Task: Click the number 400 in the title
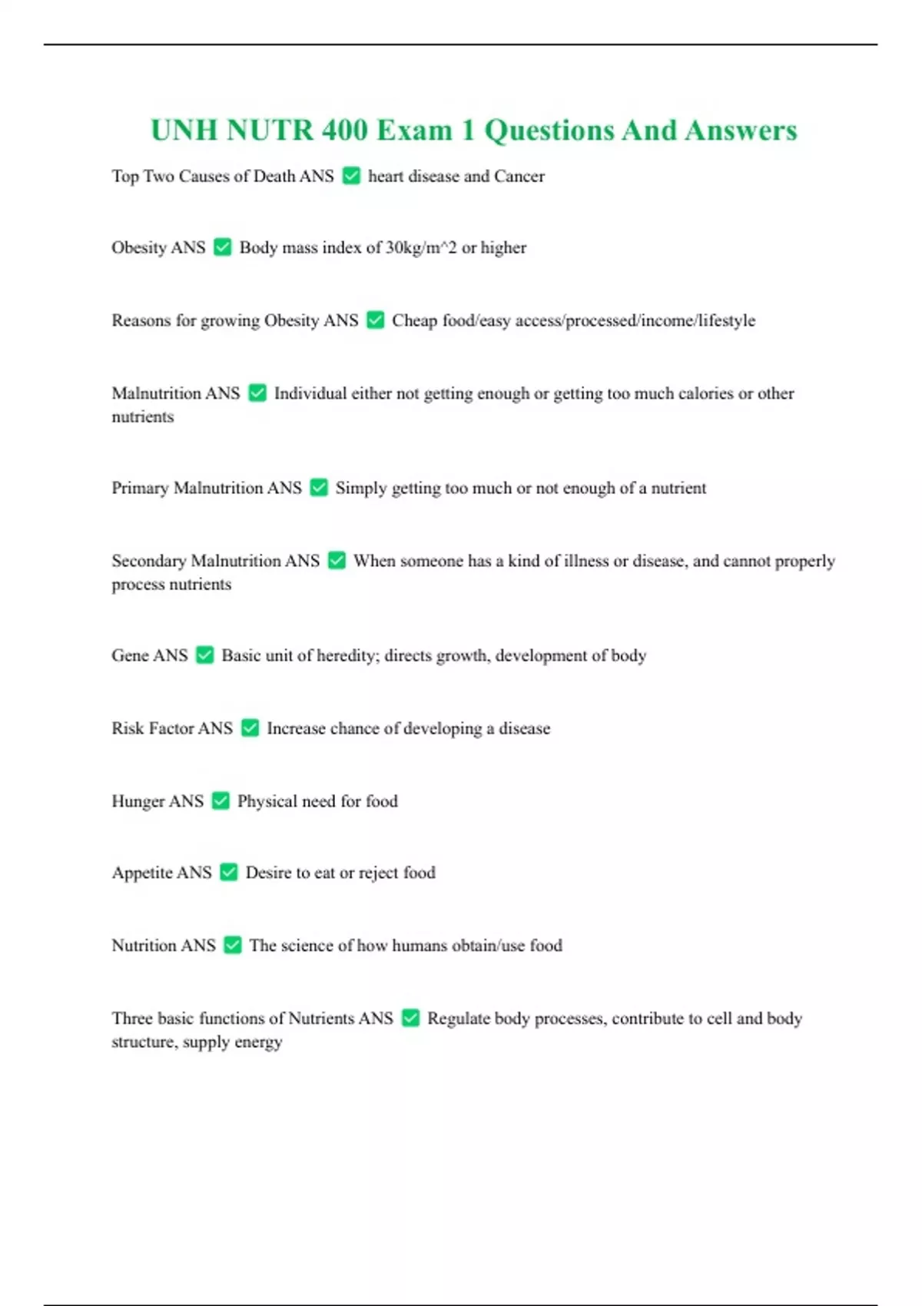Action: pyautogui.click(x=345, y=131)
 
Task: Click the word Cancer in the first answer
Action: pyautogui.click(x=519, y=177)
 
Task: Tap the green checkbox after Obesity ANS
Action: pyautogui.click(x=222, y=247)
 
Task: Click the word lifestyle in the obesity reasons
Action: pyautogui.click(x=727, y=320)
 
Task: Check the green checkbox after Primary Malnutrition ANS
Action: pyautogui.click(x=319, y=488)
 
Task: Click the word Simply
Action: pyautogui.click(x=360, y=489)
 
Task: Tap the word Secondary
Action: pyautogui.click(x=148, y=561)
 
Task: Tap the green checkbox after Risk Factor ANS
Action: pyautogui.click(x=250, y=728)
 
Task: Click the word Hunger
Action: pyautogui.click(x=138, y=801)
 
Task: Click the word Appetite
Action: pyautogui.click(x=142, y=873)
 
